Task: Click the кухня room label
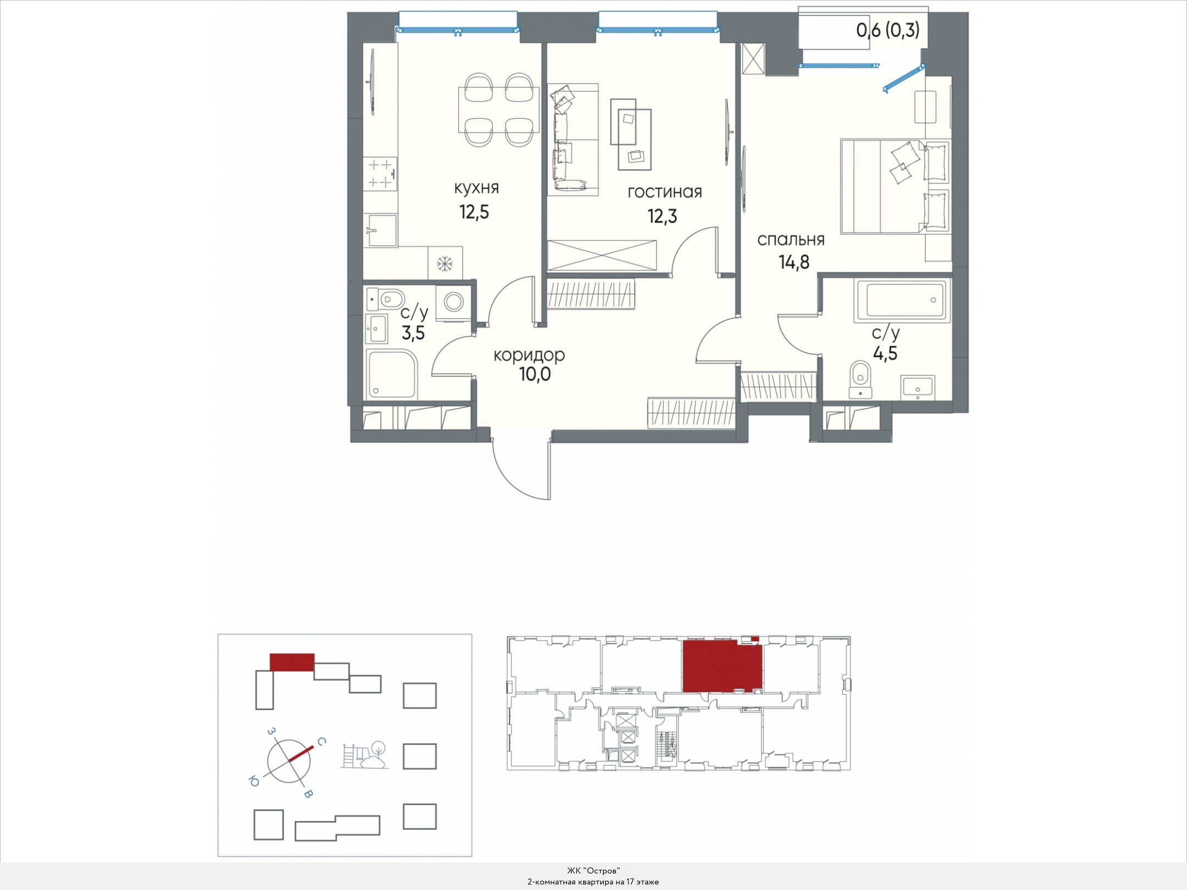click(x=476, y=188)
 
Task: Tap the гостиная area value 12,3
click(x=662, y=216)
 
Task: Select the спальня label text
click(x=791, y=240)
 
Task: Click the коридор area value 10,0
click(x=535, y=374)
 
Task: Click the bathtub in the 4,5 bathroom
click(x=902, y=300)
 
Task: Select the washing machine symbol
click(x=454, y=302)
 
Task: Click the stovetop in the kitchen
click(x=380, y=174)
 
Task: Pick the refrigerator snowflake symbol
click(x=444, y=264)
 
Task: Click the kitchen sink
click(x=380, y=230)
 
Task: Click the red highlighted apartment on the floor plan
click(x=722, y=665)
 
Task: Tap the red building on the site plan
click(x=292, y=662)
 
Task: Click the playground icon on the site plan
click(x=364, y=755)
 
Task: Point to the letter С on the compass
click(x=322, y=741)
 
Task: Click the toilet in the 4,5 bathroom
click(x=861, y=379)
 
